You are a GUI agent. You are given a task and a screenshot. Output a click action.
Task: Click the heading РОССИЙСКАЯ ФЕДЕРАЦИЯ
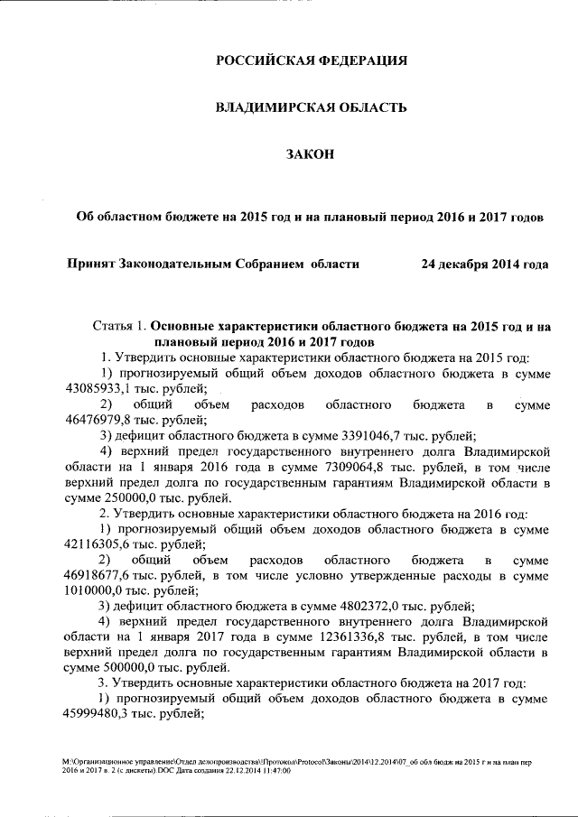coord(312,61)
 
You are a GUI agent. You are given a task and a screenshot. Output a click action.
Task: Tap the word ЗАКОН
coord(311,155)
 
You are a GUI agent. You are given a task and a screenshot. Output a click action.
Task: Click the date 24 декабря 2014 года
coord(485,265)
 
